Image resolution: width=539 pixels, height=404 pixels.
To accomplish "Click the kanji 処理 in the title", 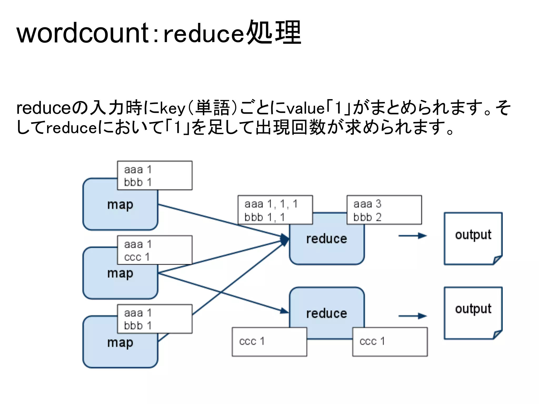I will [274, 33].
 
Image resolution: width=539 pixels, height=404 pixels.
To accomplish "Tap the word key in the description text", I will [172, 108].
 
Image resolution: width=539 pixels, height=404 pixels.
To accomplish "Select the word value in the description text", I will [305, 108].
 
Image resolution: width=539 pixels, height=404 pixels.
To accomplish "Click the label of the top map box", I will [120, 205].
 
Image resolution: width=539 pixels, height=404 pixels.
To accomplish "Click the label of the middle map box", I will [120, 274].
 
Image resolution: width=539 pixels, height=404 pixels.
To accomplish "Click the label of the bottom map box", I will [120, 342].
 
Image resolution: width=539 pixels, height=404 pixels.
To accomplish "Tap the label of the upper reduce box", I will [327, 239].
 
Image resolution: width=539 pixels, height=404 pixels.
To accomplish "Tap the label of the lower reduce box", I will [327, 313].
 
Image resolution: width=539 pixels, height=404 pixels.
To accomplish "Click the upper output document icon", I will [473, 238].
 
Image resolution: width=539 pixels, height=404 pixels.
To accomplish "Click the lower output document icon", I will [473, 313].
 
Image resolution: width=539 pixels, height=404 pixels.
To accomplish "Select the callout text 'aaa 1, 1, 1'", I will [271, 204].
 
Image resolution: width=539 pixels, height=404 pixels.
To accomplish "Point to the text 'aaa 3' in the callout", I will [367, 204].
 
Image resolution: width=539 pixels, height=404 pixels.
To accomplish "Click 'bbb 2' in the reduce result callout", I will [367, 217].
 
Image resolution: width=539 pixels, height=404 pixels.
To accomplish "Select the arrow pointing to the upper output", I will [412, 236].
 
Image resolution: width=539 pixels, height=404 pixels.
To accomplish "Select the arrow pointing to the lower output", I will [412, 316].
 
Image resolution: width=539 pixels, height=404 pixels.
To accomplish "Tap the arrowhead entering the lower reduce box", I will [284, 311].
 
